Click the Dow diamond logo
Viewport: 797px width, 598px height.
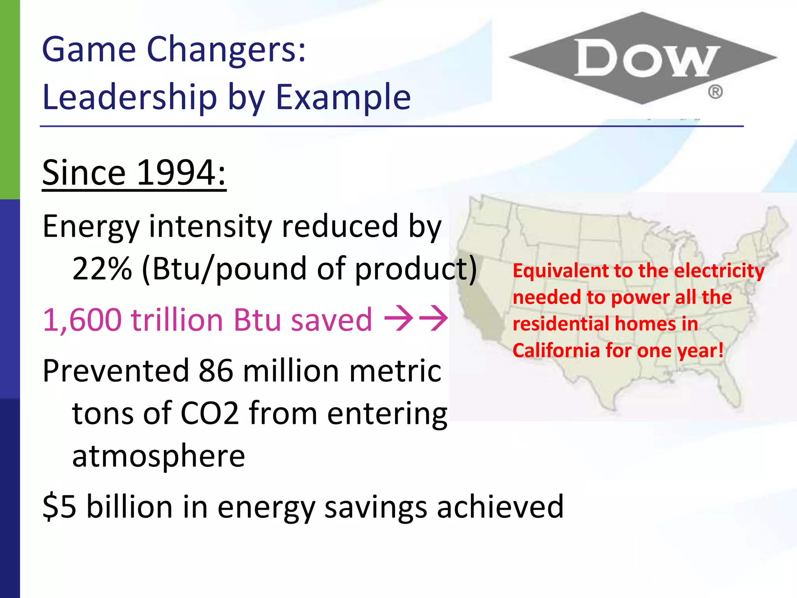[x=643, y=58]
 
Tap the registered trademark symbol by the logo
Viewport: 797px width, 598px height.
[x=715, y=92]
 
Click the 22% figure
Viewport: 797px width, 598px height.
[x=102, y=269]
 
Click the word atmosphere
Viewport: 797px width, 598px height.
[x=158, y=456]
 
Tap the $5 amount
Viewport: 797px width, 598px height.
[x=59, y=507]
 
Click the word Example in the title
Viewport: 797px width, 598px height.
[x=343, y=97]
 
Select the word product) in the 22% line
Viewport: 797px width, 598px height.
[x=416, y=269]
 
